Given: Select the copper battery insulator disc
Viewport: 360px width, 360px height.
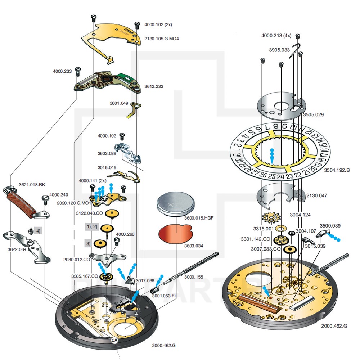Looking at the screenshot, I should click(175, 233).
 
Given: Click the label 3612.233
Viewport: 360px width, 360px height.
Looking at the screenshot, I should click(154, 87).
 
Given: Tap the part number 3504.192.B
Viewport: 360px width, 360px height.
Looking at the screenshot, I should click(337, 170).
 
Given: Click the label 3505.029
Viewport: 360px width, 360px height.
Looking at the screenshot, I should click(313, 115).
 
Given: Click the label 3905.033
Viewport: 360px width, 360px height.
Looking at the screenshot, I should click(280, 50).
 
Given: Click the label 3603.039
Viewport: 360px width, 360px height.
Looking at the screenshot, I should click(107, 153).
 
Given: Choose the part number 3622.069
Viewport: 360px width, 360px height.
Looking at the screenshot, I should click(16, 249).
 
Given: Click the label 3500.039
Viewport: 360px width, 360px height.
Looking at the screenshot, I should click(330, 226).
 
